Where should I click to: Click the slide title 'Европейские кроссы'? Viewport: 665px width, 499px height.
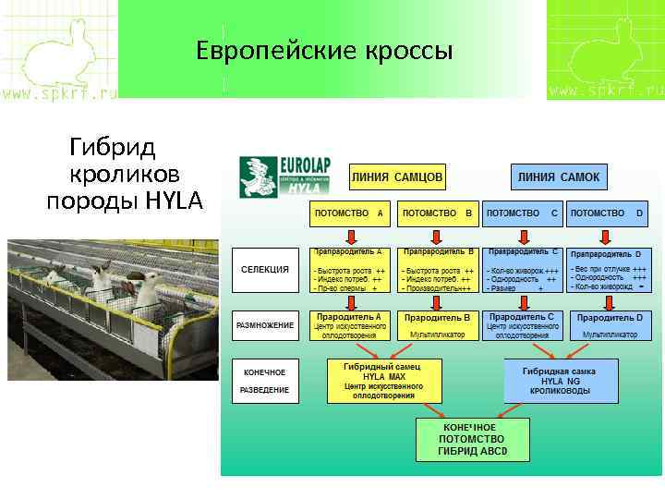pos(324,51)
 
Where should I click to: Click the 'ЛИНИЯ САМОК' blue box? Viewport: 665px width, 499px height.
pos(558,176)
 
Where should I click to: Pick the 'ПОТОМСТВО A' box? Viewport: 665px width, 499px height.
pos(349,213)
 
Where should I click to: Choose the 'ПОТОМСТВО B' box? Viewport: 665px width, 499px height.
pos(438,213)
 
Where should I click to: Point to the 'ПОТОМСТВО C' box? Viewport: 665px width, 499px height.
pos(522,213)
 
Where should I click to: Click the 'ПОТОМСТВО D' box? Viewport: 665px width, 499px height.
pos(607,213)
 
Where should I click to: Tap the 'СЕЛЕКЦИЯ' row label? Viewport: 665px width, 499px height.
pos(265,270)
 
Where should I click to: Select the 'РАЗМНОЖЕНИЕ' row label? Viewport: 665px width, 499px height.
pos(265,325)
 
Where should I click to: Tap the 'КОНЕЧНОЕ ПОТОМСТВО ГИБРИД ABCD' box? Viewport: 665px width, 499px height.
pos(473,441)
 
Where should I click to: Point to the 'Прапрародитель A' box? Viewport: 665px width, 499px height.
pos(349,270)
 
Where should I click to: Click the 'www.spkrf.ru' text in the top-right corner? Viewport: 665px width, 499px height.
pos(605,91)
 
